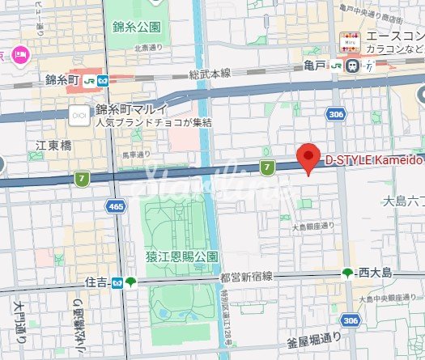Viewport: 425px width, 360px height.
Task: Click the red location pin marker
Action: pos(307,156)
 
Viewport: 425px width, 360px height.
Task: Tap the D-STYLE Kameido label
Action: pos(372,160)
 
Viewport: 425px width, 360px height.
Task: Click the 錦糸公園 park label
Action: pos(137,27)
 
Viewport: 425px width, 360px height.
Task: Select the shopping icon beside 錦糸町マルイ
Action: pos(79,116)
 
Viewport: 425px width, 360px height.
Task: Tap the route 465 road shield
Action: pos(117,209)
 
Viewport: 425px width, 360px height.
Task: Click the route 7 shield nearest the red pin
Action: pos(266,167)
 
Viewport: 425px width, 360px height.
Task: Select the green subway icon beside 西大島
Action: pos(348,273)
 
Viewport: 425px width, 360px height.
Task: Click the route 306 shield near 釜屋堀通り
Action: pos(350,321)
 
